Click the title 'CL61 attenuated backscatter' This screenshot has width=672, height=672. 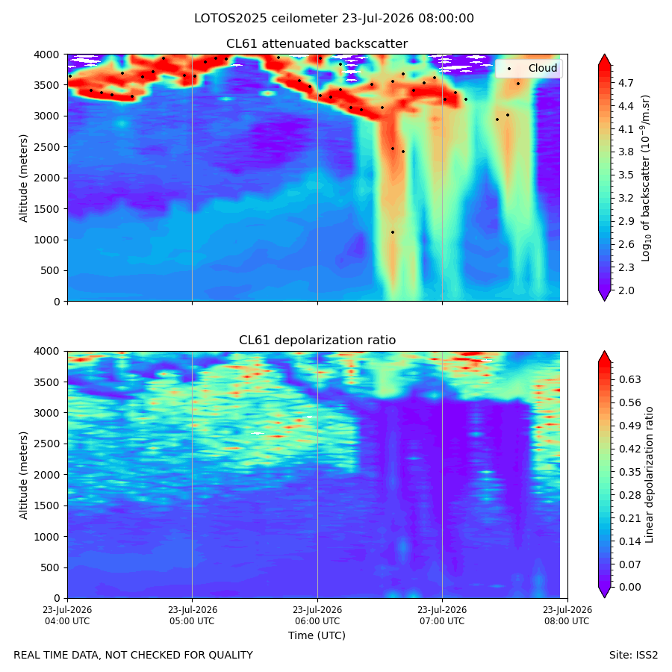(x=317, y=44)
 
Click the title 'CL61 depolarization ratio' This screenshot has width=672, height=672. (x=317, y=340)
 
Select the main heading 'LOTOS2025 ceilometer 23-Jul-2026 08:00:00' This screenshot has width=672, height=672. (x=334, y=19)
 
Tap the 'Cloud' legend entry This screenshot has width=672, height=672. (x=543, y=68)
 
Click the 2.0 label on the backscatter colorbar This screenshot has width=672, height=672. (x=626, y=290)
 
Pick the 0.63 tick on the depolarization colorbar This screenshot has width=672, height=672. (x=629, y=379)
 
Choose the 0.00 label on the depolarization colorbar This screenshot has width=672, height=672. (x=629, y=587)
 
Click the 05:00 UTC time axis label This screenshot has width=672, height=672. (x=193, y=615)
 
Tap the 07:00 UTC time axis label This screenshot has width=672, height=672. (x=442, y=615)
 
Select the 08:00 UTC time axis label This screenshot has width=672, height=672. (x=567, y=615)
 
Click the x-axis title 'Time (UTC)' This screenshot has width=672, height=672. (x=317, y=635)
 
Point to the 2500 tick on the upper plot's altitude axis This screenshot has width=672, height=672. (x=47, y=147)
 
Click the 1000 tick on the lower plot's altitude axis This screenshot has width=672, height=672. (x=47, y=537)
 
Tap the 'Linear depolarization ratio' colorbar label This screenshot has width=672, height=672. (x=649, y=475)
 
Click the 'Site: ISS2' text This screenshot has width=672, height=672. (x=633, y=656)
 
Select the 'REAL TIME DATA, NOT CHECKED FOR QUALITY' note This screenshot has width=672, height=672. (x=134, y=656)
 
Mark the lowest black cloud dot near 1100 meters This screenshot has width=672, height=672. (x=393, y=232)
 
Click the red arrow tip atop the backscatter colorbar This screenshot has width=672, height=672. (x=604, y=55)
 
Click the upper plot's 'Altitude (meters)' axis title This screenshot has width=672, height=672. (x=23, y=178)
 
